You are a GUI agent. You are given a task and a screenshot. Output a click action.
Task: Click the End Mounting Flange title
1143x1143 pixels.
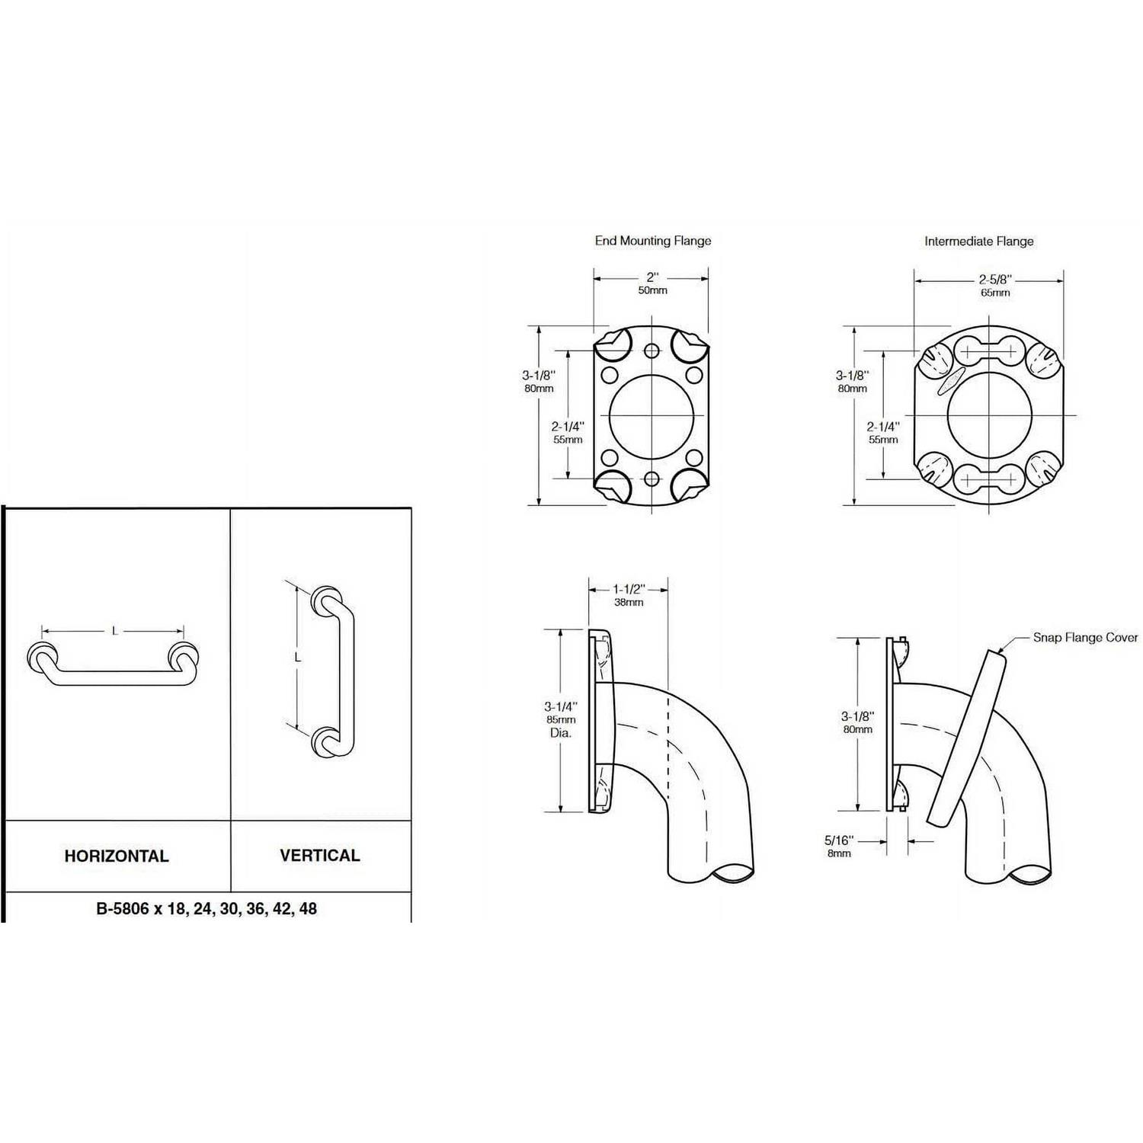tap(653, 241)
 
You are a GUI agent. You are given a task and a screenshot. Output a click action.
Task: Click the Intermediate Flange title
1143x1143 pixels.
tap(979, 242)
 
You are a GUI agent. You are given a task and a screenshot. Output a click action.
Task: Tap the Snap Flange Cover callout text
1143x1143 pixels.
tap(1085, 638)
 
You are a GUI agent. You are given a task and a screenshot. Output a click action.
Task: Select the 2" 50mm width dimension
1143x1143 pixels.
tap(652, 283)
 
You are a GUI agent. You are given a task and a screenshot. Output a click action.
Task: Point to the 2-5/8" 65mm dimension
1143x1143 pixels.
tap(995, 286)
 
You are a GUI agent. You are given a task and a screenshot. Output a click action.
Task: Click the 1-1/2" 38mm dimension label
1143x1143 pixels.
tap(629, 595)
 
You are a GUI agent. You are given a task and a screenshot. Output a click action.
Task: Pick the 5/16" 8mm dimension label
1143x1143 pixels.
tap(839, 847)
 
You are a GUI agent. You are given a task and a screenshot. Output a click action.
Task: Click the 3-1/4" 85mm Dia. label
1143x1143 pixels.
tap(561, 719)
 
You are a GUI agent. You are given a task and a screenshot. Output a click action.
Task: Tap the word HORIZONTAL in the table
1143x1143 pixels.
tap(117, 856)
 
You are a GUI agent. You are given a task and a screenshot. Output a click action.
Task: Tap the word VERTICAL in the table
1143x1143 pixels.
tap(320, 855)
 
